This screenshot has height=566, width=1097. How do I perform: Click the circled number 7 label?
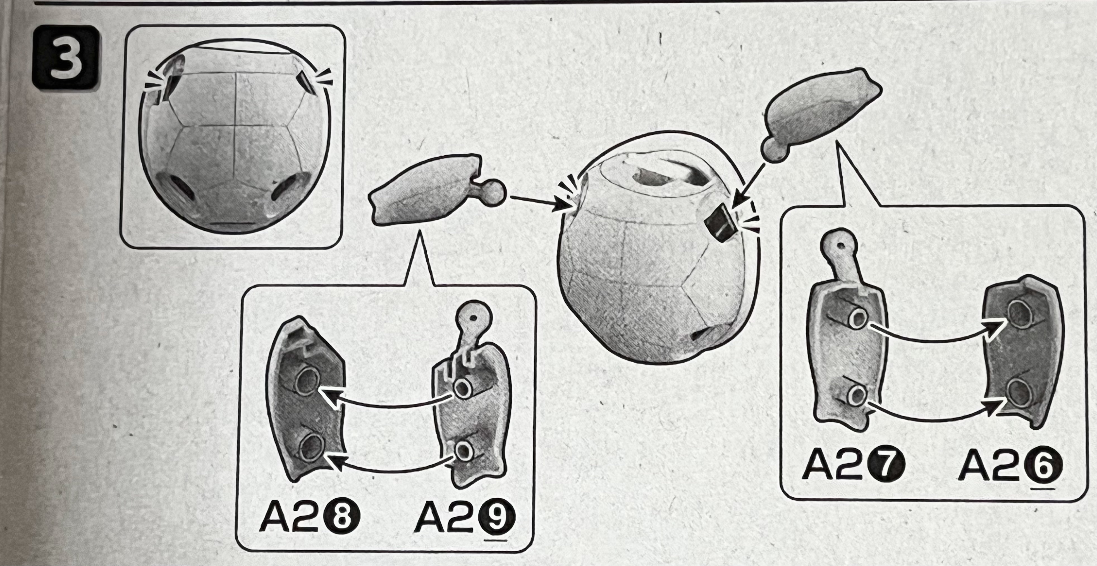(x=886, y=466)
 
